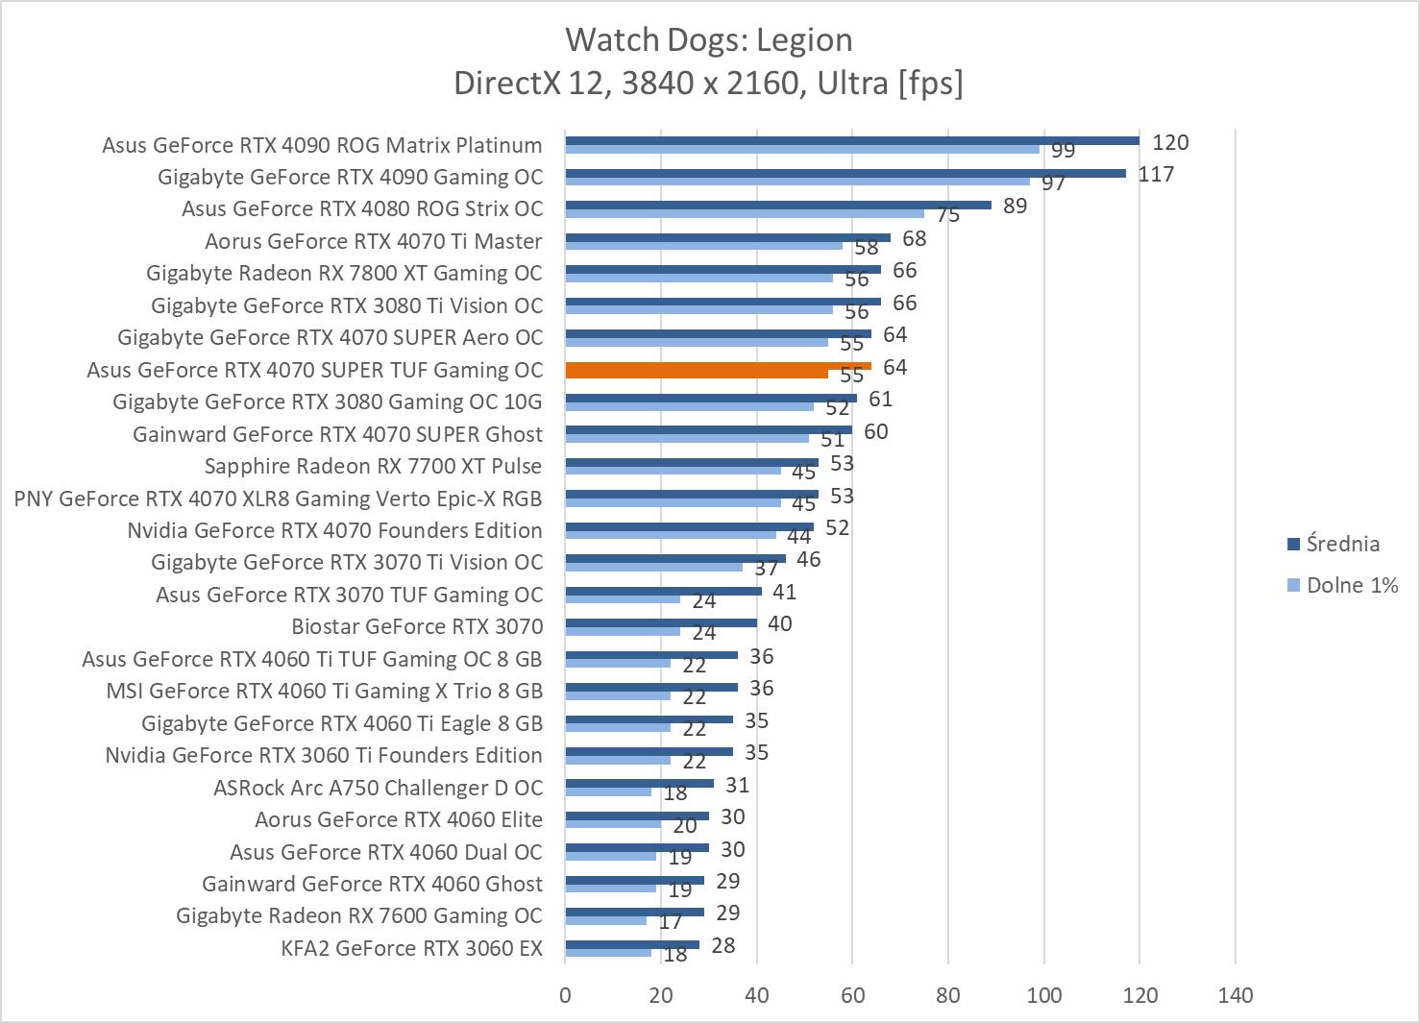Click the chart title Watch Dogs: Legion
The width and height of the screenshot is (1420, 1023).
pyautogui.click(x=708, y=39)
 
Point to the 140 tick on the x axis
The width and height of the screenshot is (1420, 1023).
pyautogui.click(x=1235, y=995)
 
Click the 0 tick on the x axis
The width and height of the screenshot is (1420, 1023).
pyautogui.click(x=565, y=995)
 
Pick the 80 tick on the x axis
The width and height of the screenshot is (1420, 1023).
pyautogui.click(x=948, y=995)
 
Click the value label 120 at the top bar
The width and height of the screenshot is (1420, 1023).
pyautogui.click(x=1170, y=143)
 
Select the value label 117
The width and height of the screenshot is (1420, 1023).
pyautogui.click(x=1156, y=175)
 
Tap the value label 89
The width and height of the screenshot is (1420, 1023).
pyautogui.click(x=1015, y=207)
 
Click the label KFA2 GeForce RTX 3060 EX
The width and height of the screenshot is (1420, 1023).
pyautogui.click(x=411, y=949)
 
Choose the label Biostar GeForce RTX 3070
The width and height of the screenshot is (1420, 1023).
pyautogui.click(x=417, y=626)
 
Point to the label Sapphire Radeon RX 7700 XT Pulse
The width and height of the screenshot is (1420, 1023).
pyautogui.click(x=373, y=466)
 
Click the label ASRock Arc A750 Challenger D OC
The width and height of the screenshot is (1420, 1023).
pyautogui.click(x=378, y=788)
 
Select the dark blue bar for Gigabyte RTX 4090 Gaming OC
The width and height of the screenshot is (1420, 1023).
pyautogui.click(x=845, y=174)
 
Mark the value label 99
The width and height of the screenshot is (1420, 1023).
pyautogui.click(x=1063, y=151)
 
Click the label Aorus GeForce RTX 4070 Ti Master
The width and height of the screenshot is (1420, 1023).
pyautogui.click(x=373, y=241)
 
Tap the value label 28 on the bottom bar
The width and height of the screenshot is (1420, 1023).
pyautogui.click(x=722, y=945)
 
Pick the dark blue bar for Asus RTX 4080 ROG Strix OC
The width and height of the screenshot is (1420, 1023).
pyautogui.click(x=778, y=205)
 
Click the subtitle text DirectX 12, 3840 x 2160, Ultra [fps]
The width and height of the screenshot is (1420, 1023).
pyautogui.click(x=708, y=84)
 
